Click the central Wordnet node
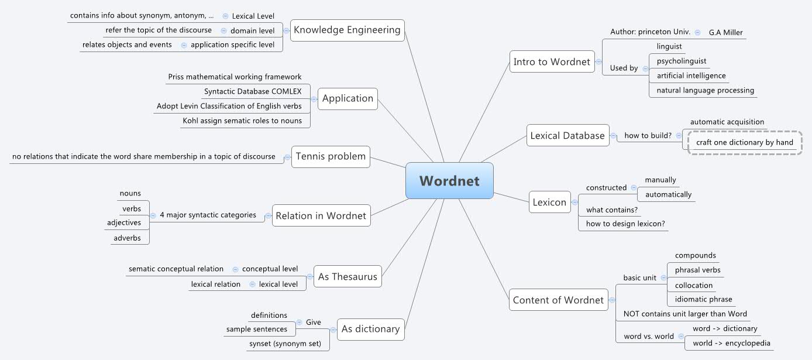pyautogui.click(x=449, y=180)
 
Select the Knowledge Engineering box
pyautogui.click(x=347, y=30)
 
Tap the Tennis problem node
pyautogui.click(x=331, y=156)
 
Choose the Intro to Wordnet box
pyautogui.click(x=552, y=62)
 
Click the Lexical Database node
pyautogui.click(x=567, y=135)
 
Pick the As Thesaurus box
pyautogui.click(x=347, y=276)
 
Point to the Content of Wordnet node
pyautogui.click(x=558, y=300)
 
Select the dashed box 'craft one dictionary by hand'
pyautogui.click(x=744, y=142)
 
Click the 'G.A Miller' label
pyautogui.click(x=725, y=32)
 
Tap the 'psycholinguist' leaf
pyautogui.click(x=681, y=61)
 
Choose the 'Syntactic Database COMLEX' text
pyautogui.click(x=253, y=91)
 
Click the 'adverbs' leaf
pyautogui.click(x=127, y=238)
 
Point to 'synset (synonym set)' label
pyautogui.click(x=285, y=344)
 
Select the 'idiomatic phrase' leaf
pyautogui.click(x=703, y=299)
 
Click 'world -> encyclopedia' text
pyautogui.click(x=731, y=343)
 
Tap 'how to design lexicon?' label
pyautogui.click(x=625, y=224)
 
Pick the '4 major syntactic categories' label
pyautogui.click(x=208, y=215)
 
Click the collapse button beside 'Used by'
pyautogui.click(x=645, y=68)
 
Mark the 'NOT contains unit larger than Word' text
pyautogui.click(x=684, y=314)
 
